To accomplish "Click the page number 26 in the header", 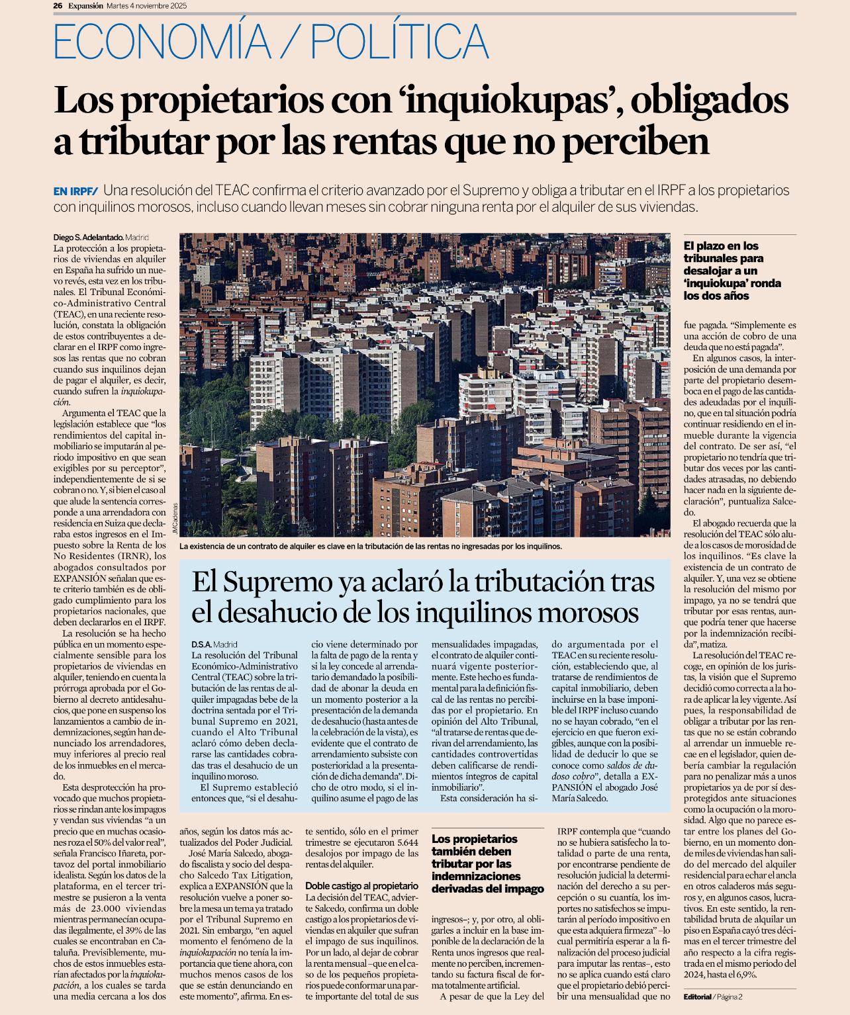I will (58, 5).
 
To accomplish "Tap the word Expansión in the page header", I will (85, 5).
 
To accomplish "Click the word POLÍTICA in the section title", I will (400, 42).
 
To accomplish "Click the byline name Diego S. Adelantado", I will (88, 237).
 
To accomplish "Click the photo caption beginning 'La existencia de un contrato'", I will (370, 547).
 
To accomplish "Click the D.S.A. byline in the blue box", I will (201, 644).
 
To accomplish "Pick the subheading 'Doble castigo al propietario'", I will (361, 885).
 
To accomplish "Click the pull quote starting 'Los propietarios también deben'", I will (487, 863).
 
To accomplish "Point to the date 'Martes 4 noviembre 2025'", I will (147, 5).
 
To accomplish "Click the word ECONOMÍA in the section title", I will (162, 42).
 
